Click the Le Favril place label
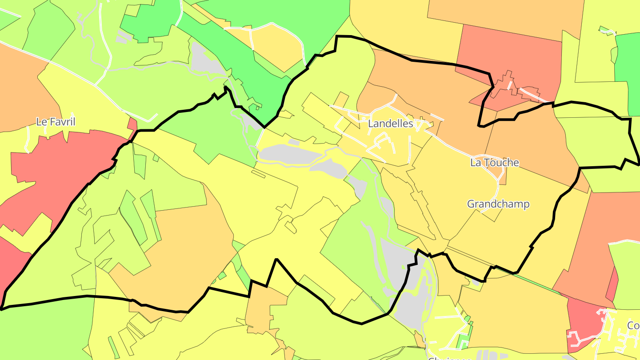pyautogui.click(x=56, y=122)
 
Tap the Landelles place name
pyautogui.click(x=391, y=124)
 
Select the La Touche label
pyautogui.click(x=494, y=163)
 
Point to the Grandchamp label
pyautogui.click(x=498, y=204)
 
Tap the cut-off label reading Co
pyautogui.click(x=633, y=326)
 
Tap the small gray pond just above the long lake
pyautogui.click(x=293, y=142)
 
